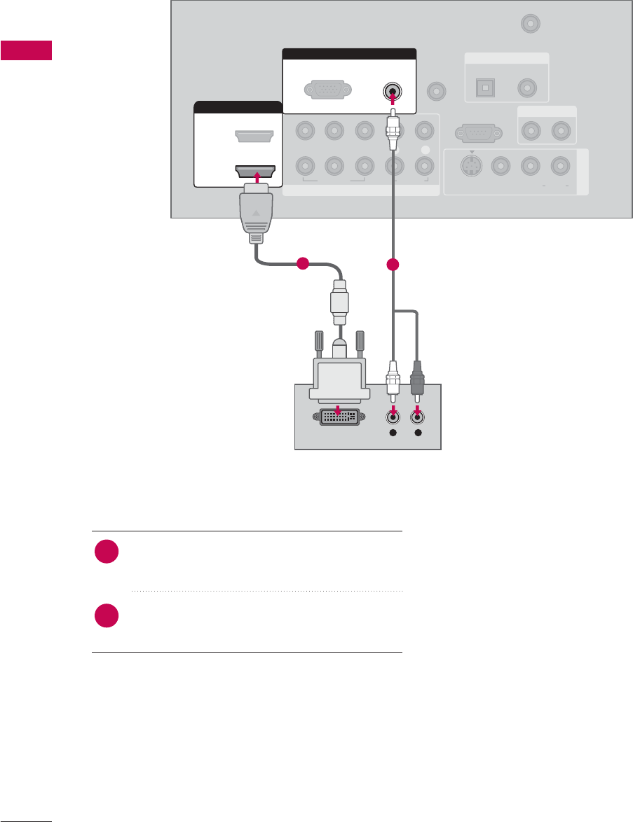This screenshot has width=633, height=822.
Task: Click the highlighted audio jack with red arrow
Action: pos(392,91)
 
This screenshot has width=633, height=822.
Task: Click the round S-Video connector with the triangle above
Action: pos(471,167)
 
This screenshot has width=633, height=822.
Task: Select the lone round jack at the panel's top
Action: pos(531,24)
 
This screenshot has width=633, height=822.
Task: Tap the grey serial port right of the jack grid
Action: pos(477,132)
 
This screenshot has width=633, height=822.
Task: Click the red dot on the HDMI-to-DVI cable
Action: pos(302,264)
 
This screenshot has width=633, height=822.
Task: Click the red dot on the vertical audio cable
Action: pos(393,265)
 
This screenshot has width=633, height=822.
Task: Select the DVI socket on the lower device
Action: pos(340,417)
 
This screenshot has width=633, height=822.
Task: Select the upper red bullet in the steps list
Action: pos(107,551)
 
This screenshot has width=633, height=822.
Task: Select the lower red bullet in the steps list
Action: pos(107,617)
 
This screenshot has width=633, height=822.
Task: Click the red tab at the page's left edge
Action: pos(26,51)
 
